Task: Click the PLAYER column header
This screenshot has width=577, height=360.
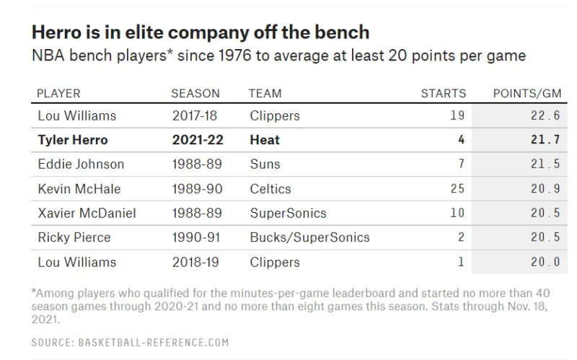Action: point(58,94)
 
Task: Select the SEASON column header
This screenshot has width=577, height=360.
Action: point(195,94)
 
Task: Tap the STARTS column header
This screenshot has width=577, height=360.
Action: point(444,94)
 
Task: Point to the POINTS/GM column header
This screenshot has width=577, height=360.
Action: point(527,94)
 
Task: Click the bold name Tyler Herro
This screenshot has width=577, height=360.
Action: point(73,140)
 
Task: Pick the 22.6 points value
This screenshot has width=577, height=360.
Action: point(545,115)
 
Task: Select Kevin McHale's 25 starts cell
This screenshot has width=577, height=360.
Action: point(457,188)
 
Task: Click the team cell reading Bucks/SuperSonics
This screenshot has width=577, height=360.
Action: point(309,237)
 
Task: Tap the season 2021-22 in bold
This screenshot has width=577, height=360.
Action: point(198,140)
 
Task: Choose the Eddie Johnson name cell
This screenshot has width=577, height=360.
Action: point(81,164)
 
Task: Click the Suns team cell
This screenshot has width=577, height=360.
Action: point(265,164)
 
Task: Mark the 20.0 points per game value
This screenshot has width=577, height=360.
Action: point(545,262)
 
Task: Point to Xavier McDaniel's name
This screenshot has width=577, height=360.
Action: point(87,213)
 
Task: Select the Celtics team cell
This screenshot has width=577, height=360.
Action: point(270,189)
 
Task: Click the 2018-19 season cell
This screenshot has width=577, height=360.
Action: point(195,262)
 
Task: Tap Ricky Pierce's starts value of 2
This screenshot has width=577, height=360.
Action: point(461,237)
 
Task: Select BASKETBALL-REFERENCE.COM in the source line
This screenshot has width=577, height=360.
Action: point(154,343)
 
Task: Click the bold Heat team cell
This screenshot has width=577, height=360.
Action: point(265,140)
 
